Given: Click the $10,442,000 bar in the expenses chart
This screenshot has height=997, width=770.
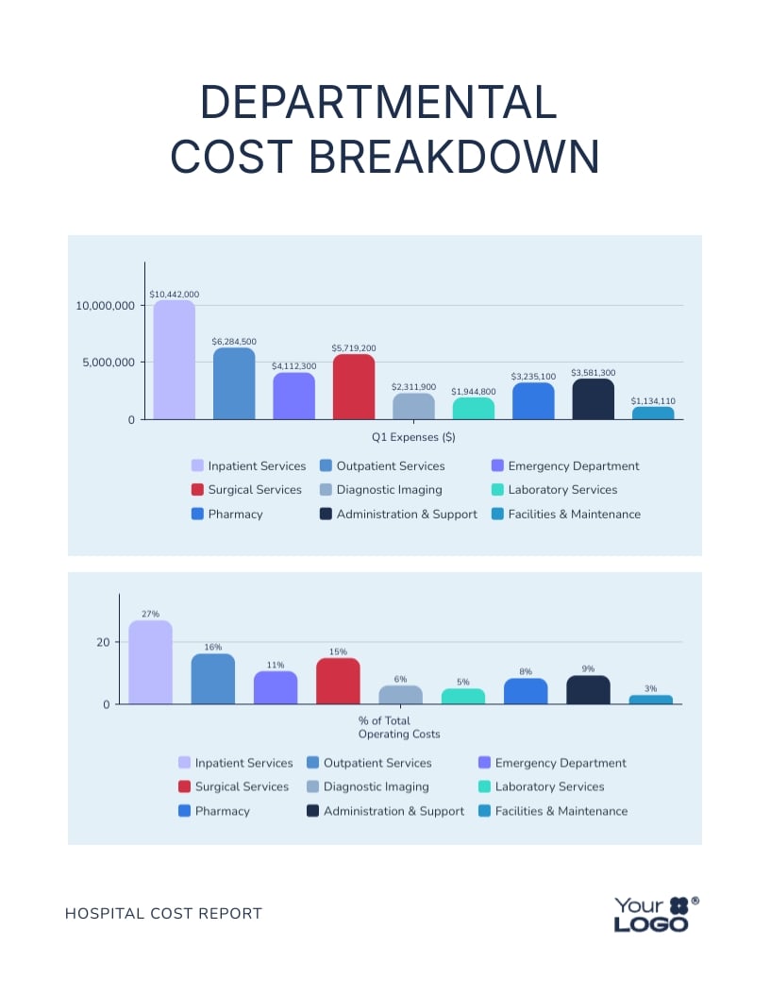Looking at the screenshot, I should [x=175, y=360].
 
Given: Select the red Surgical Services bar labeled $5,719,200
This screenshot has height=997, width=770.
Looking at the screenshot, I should [x=354, y=387].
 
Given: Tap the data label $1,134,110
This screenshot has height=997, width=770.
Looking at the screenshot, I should [x=653, y=401].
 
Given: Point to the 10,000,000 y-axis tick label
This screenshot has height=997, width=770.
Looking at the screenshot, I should [x=106, y=306].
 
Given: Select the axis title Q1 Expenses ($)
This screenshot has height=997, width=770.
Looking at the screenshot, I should [x=414, y=437].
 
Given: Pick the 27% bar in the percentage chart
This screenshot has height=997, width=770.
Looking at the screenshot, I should [x=151, y=663].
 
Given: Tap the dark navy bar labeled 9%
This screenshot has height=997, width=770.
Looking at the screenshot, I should [x=588, y=690].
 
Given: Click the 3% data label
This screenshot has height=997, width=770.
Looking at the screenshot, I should [x=650, y=689].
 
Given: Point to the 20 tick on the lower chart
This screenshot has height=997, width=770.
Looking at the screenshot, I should [x=103, y=642].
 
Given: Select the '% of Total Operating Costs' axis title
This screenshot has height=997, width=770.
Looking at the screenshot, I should [x=398, y=727].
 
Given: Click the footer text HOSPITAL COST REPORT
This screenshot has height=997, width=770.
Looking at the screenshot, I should [x=163, y=913].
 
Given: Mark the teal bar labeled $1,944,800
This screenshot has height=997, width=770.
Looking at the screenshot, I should [x=474, y=408].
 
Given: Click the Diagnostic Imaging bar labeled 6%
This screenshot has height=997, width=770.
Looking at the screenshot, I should [x=400, y=695].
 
